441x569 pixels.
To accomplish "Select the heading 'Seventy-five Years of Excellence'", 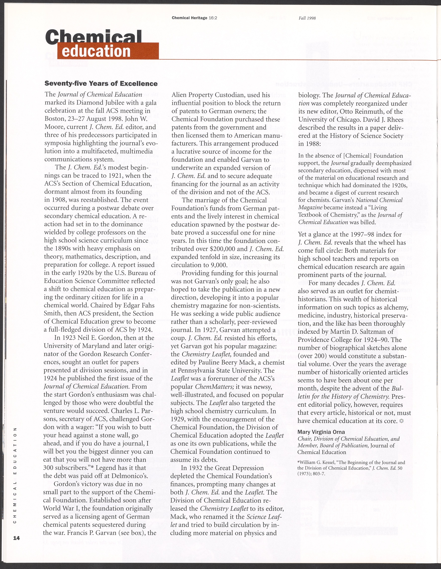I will click(x=101, y=84).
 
